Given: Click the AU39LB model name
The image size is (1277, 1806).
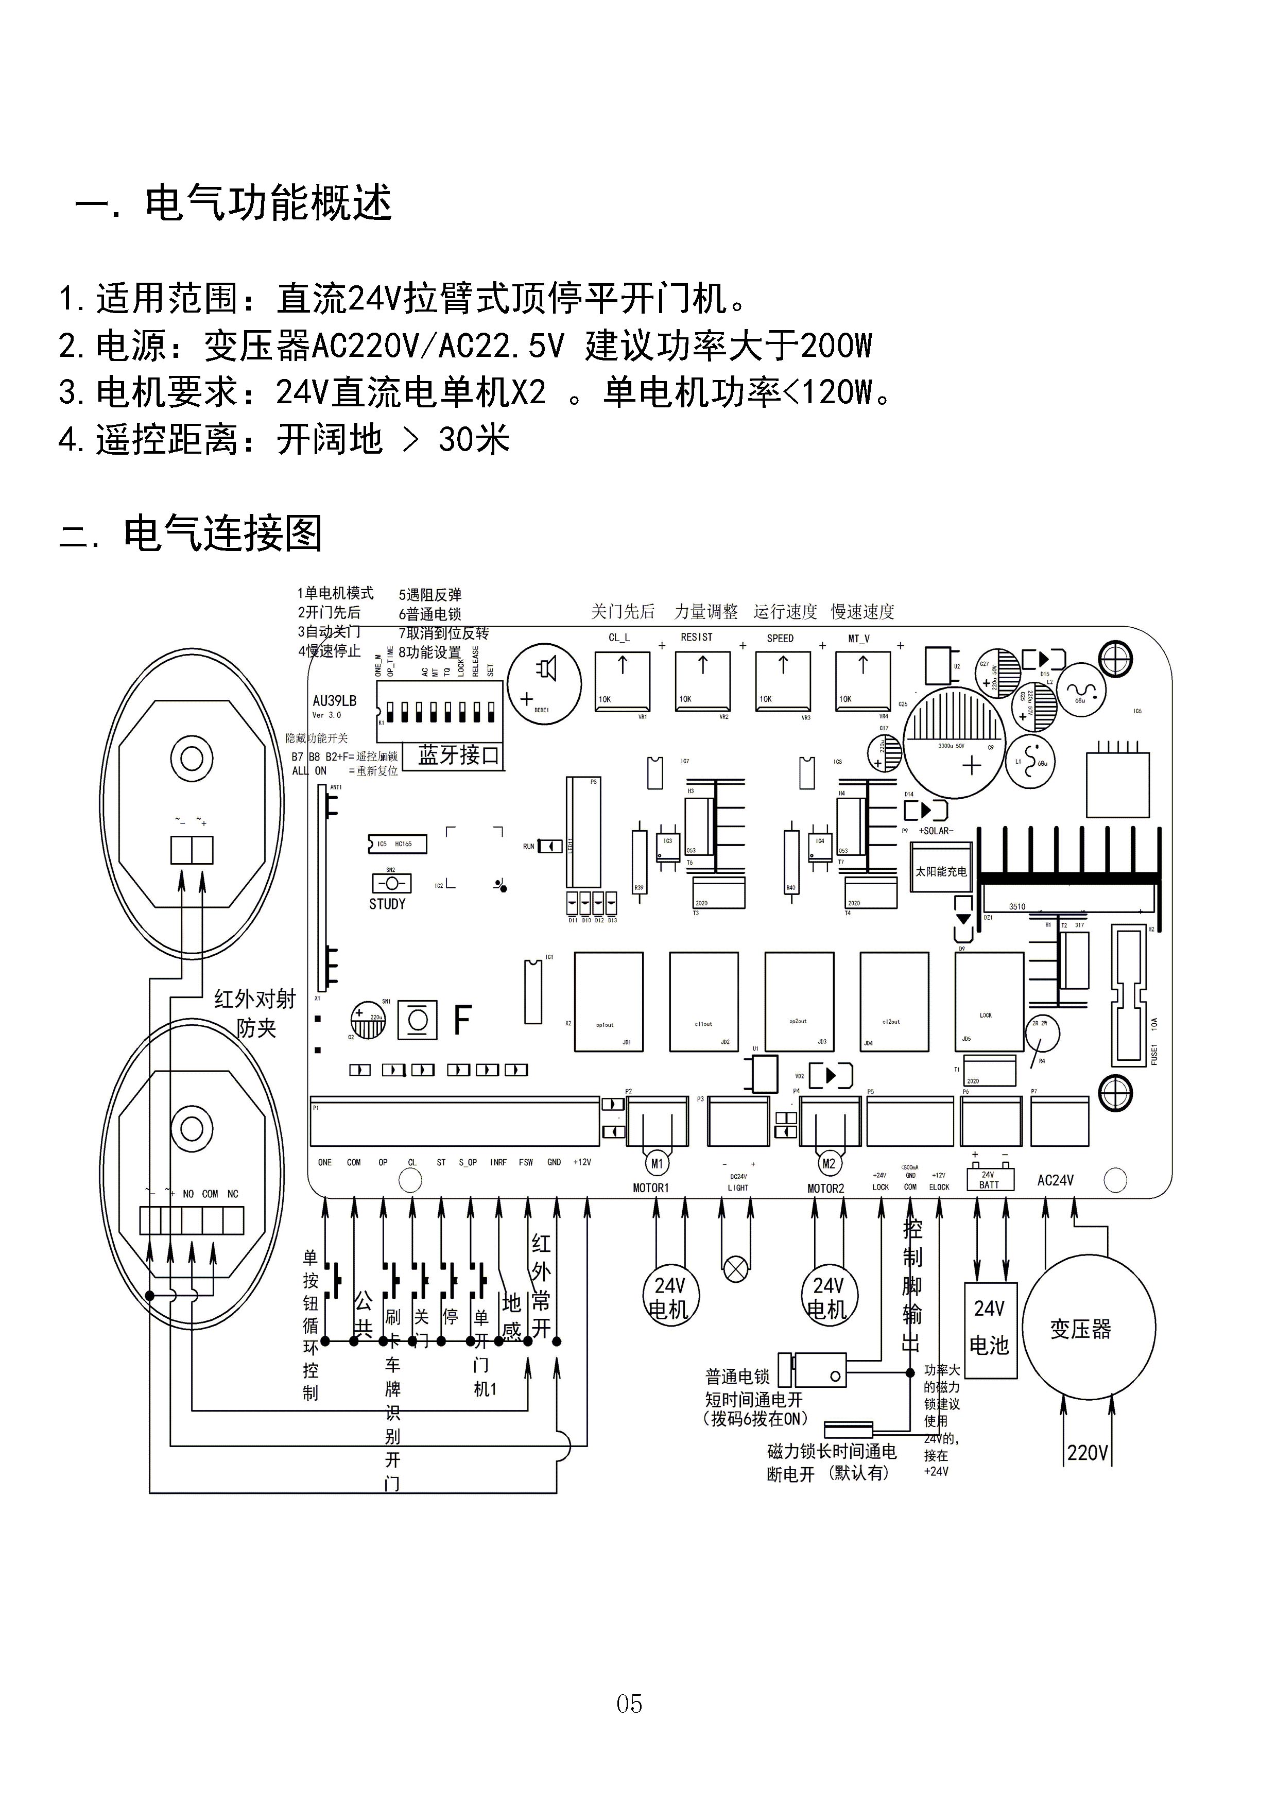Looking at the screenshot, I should coord(334,701).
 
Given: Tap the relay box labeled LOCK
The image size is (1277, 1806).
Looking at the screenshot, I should coord(989,1001).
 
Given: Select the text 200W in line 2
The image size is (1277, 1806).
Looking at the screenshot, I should coord(835,346).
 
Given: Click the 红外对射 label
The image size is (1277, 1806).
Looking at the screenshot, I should coord(255,999).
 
